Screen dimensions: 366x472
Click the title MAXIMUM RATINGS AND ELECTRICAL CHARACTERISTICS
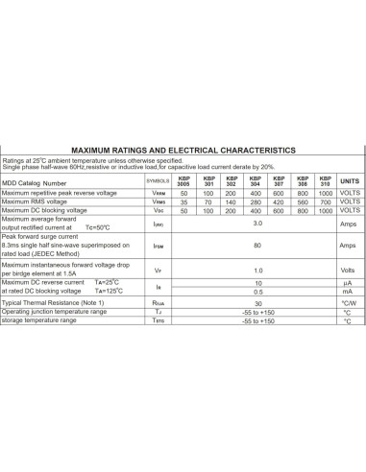coord(183,151)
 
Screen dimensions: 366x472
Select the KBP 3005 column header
coord(183,180)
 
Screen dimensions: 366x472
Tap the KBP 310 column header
coord(325,180)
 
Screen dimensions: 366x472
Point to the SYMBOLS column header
coord(158,180)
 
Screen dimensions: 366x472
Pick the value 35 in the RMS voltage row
coord(183,202)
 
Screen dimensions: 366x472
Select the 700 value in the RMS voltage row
coord(325,202)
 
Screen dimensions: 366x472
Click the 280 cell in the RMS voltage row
coord(255,202)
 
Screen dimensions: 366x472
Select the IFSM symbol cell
coord(158,246)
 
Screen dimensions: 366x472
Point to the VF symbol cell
coord(158,271)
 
